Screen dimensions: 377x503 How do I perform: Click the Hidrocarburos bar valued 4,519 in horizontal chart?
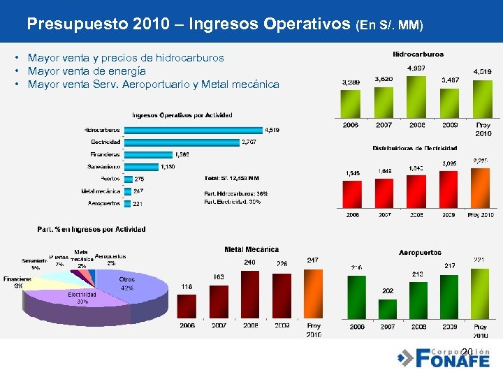[192, 130]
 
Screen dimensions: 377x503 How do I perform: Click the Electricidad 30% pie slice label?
[82, 299]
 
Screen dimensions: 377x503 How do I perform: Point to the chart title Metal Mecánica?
[251, 249]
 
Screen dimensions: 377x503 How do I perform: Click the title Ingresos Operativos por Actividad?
[182, 115]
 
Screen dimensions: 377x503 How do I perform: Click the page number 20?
[467, 350]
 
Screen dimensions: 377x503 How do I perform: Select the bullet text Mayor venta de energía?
[87, 71]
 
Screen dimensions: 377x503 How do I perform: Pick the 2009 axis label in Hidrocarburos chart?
[449, 125]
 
